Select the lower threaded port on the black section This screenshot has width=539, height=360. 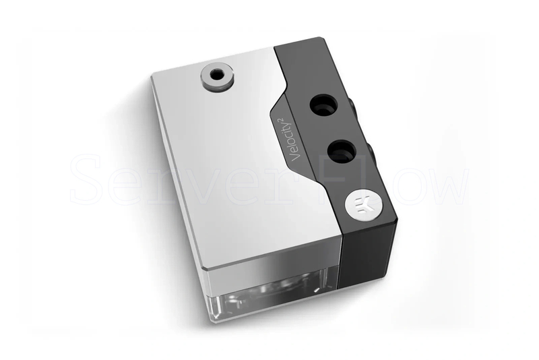[342, 151]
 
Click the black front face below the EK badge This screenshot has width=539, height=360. [369, 256]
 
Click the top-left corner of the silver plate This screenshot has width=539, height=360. [153, 74]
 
